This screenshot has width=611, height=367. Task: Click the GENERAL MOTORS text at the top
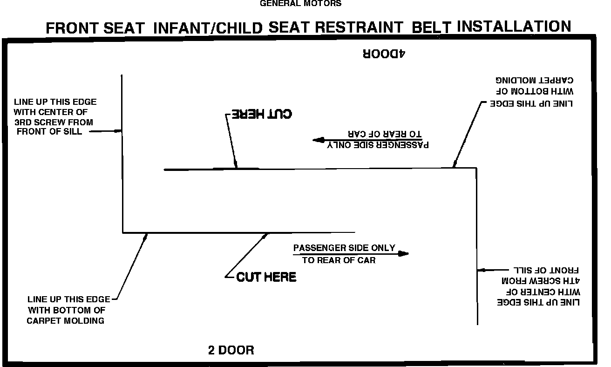tap(300, 4)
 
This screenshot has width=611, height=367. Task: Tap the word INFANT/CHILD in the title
tap(208, 27)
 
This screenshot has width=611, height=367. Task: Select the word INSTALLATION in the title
tap(514, 26)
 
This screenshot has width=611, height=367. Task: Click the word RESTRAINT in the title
tap(359, 27)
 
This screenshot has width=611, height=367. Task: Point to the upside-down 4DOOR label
tap(384, 54)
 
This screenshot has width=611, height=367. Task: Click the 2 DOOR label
tap(231, 350)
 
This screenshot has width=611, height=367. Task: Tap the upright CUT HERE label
tap(266, 277)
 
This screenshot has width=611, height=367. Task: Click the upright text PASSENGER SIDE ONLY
tap(344, 248)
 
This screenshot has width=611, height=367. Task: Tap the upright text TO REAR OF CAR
tap(339, 260)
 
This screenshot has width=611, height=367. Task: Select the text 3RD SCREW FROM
tap(53, 122)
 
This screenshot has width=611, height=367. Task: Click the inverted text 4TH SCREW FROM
tap(540, 281)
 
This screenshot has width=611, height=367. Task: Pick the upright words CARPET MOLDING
tap(65, 320)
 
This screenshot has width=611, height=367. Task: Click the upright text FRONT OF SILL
tap(49, 131)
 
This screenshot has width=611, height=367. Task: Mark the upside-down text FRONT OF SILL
tap(545, 271)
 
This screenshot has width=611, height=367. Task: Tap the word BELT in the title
tap(431, 27)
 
